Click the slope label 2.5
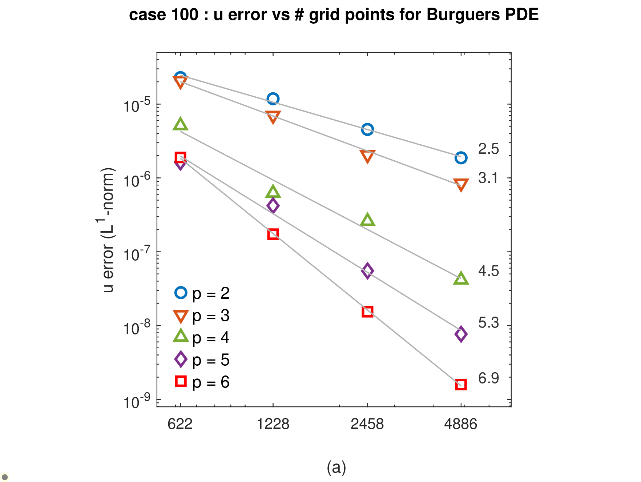point(488,149)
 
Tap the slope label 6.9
point(488,378)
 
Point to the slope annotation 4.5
point(488,271)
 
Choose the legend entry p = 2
point(202,293)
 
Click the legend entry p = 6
point(202,382)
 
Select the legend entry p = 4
point(202,338)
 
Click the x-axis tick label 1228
point(273,424)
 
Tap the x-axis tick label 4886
point(461,424)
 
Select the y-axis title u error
point(108,269)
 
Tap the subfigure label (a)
point(336,467)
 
